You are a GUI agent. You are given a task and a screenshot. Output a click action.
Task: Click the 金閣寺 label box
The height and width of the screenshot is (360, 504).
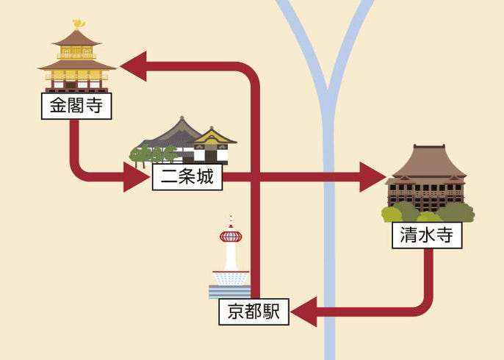tap(76, 107)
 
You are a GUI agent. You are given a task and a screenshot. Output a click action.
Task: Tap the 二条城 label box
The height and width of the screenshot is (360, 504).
tap(187, 177)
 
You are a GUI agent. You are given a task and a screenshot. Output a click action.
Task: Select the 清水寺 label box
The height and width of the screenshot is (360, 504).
tap(426, 236)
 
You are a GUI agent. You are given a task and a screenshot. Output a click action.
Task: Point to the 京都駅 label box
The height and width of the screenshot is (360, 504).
tap(254, 312)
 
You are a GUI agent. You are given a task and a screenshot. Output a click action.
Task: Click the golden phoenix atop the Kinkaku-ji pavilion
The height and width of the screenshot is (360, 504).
tap(78, 24)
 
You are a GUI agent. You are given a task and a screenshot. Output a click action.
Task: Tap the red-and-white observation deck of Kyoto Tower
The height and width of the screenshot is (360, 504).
tap(231, 236)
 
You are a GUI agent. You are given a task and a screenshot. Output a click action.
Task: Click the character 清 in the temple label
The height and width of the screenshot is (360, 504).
tap(408, 236)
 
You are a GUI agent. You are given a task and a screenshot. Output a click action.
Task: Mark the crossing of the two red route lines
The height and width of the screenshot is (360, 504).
tap(254, 177)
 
